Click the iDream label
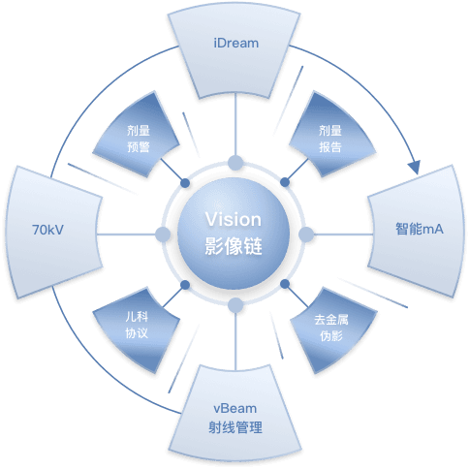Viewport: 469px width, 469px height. [236, 43]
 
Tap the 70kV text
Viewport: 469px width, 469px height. [47, 230]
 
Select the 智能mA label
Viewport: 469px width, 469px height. [420, 229]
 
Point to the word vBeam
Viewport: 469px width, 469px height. [235, 409]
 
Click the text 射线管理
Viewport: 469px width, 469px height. [235, 427]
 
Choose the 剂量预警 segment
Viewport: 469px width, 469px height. [137, 135]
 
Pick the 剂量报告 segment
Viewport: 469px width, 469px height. [332, 135]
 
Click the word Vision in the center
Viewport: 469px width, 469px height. [234, 220]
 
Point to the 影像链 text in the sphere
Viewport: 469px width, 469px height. [234, 246]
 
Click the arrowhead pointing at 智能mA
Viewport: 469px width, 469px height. [415, 167]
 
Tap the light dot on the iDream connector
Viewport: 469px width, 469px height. [235, 163]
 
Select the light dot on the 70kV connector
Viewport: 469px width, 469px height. [163, 234]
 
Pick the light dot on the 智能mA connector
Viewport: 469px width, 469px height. [306, 234]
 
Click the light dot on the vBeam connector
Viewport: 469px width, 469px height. [235, 305]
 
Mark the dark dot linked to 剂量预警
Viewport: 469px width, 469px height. [185, 183]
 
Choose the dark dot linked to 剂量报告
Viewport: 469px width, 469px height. [285, 182]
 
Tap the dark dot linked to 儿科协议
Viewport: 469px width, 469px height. [185, 285]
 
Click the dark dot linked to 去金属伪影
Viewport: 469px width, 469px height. [285, 284]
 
